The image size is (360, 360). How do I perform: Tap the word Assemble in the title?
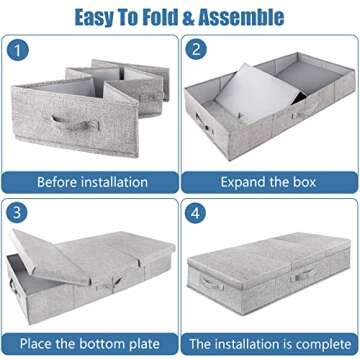tap(243, 17)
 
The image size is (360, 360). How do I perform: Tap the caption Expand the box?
tap(268, 182)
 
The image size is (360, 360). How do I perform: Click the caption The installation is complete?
tap(268, 343)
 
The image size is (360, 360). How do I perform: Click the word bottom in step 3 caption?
tap(107, 343)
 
